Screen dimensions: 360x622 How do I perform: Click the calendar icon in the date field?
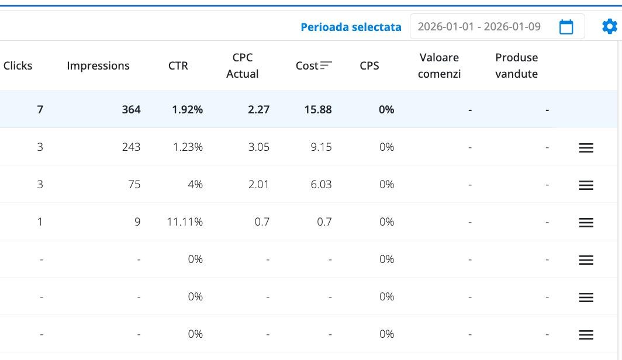(566, 27)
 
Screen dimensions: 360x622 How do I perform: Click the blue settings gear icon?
(609, 26)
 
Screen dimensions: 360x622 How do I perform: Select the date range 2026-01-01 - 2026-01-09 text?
(479, 27)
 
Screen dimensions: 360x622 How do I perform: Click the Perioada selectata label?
(351, 27)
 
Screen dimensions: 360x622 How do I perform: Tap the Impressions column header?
(98, 65)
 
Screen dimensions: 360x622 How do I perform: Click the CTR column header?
(178, 65)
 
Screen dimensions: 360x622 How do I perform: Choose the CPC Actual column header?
(243, 65)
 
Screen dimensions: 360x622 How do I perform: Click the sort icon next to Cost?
(326, 65)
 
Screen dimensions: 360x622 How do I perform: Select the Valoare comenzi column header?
(439, 65)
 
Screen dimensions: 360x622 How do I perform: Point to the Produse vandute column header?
(516, 65)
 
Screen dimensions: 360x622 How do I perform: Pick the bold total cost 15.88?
(317, 109)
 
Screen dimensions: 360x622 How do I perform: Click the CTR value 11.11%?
(184, 221)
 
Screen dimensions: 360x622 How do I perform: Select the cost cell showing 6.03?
(321, 184)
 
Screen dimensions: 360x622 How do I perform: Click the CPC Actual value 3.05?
(258, 147)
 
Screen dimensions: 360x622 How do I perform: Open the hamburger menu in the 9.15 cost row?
(586, 148)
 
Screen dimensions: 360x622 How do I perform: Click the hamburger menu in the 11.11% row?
(586, 223)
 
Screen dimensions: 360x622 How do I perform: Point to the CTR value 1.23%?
(188, 147)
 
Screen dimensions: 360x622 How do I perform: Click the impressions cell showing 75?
(134, 184)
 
